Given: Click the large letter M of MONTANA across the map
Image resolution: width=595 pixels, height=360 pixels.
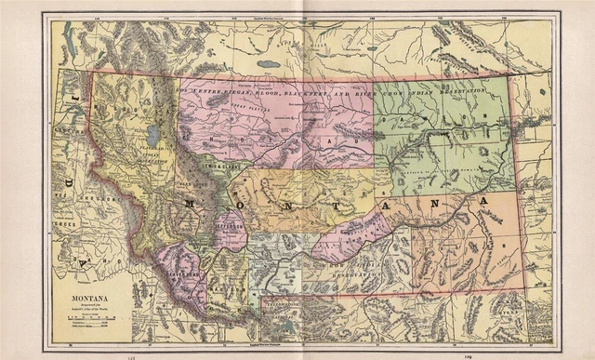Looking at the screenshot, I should point(190,205).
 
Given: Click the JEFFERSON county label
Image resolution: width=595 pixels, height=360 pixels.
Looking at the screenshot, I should point(230,226).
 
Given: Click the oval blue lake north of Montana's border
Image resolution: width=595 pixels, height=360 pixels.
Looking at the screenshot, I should point(269,64).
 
